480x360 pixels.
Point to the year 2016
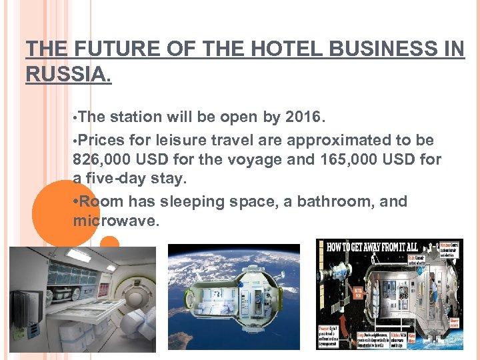click(x=303, y=117)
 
